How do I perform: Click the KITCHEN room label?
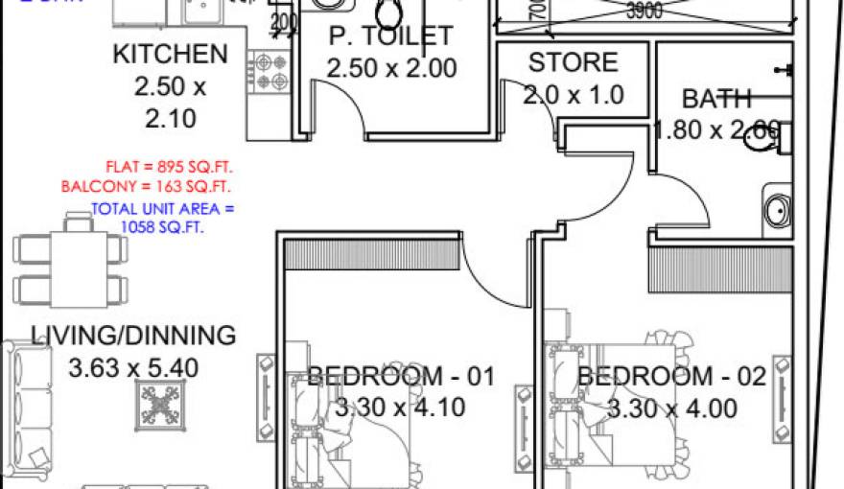tap(170, 55)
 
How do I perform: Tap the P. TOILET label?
tap(390, 36)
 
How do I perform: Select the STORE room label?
tap(573, 63)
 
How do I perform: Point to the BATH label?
tap(715, 98)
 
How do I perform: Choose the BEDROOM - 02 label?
tap(671, 376)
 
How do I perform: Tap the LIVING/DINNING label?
tap(133, 336)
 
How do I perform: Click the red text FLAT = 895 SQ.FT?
tap(171, 165)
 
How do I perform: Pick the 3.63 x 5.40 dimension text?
tap(133, 367)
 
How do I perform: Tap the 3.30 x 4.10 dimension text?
tap(400, 407)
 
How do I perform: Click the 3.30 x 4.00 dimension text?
tap(671, 409)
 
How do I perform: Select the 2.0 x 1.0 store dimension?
tap(573, 95)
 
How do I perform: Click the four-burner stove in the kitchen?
tap(270, 72)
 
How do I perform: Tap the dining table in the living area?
tap(70, 262)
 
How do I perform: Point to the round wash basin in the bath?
tap(776, 207)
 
